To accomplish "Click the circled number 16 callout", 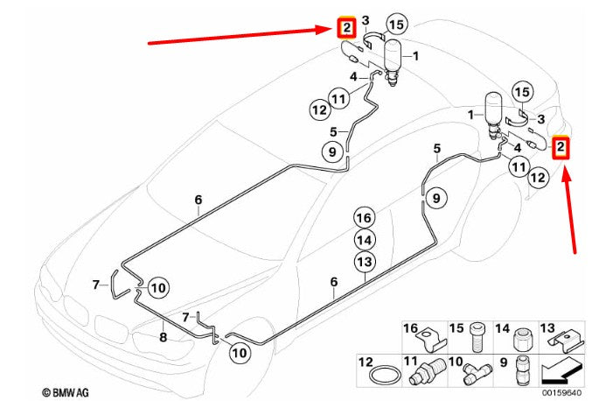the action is pos(365,218).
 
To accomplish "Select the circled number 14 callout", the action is pos(365,240).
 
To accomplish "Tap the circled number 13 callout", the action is pos(365,262).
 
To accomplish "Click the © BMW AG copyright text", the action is pos(65,392).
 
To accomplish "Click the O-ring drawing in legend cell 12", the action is pos(385,376).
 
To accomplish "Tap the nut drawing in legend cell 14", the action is pos(522,340).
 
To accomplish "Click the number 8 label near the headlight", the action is pos(163,337).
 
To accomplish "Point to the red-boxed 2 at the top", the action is pos(346,28).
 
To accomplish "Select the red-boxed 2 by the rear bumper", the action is pos(561,146).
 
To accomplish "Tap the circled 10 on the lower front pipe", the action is pos(240,353).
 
